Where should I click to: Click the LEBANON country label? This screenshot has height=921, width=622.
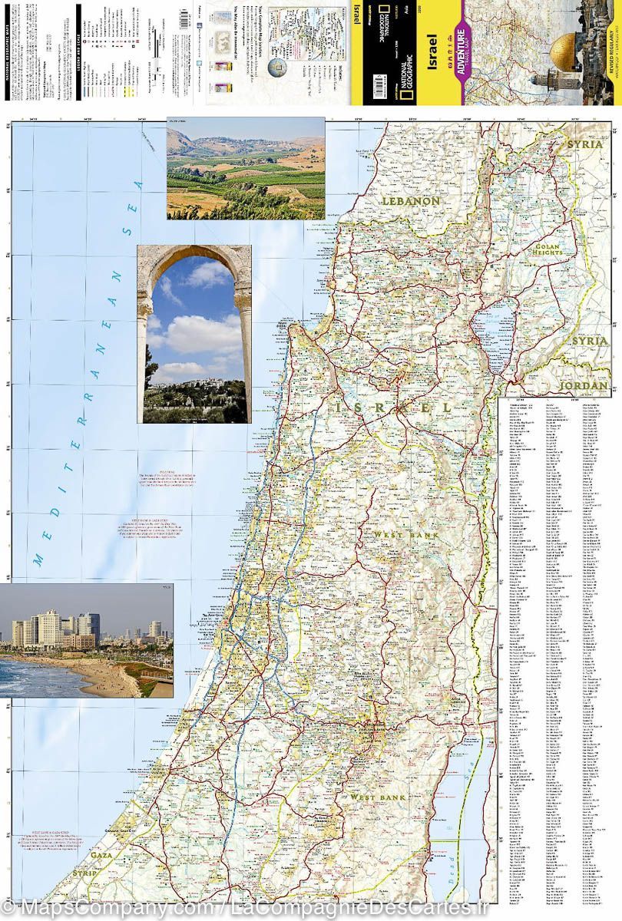coord(412,201)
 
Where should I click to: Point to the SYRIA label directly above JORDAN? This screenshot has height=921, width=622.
coord(589,340)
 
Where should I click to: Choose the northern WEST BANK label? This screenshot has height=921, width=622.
coord(405,534)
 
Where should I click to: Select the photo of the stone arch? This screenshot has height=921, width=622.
coord(194,334)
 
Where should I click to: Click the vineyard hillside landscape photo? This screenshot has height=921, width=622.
coord(246,168)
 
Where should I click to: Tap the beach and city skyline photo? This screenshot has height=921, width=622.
coord(86,640)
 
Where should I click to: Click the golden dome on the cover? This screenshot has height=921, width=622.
coord(566,48)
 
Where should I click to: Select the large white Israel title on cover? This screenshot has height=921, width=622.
coord(431,49)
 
